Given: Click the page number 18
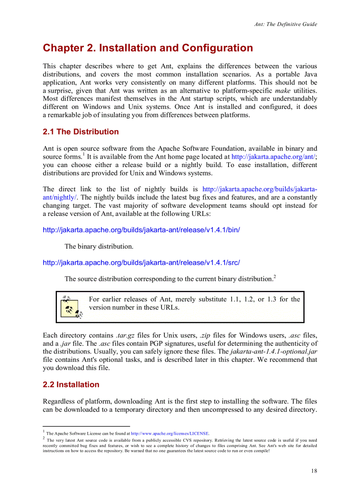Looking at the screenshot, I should (x=314, y=471).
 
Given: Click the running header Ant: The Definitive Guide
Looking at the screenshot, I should (x=285, y=24).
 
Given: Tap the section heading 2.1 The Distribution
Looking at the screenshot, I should (x=81, y=132).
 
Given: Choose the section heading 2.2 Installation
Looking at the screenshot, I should (x=71, y=384).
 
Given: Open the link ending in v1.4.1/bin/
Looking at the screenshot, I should (x=141, y=230).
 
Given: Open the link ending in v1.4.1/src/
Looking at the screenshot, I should (x=141, y=263).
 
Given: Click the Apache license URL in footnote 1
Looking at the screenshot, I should (x=170, y=433).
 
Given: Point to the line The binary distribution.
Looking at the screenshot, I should (x=99, y=246).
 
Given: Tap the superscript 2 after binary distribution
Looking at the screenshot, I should (x=274, y=276).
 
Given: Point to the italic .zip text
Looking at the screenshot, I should (x=205, y=335).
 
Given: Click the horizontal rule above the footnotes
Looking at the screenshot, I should (x=86, y=426).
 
